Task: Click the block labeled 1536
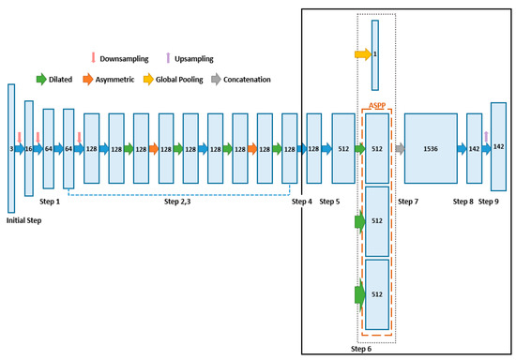point(431,148)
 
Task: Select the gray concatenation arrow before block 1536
point(401,148)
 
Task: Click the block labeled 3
point(11,148)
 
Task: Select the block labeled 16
point(29,148)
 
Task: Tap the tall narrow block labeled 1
point(375,54)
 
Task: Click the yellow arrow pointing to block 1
point(362,54)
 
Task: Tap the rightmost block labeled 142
point(499,147)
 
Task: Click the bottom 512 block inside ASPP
point(376,294)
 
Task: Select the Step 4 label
point(302,202)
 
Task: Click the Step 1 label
point(51,202)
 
